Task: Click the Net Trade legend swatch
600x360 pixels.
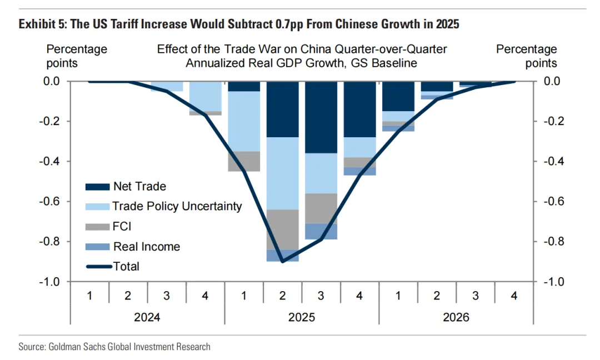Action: [97, 187]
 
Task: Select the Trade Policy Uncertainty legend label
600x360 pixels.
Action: [177, 206]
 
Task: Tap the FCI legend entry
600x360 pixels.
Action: [122, 227]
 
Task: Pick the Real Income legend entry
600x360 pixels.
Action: [147, 247]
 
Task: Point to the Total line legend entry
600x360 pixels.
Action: [126, 266]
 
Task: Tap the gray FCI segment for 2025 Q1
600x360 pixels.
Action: [244, 161]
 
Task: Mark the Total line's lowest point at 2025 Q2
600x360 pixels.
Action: [283, 262]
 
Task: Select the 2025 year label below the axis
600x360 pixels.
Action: [302, 317]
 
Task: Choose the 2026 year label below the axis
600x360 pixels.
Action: [456, 317]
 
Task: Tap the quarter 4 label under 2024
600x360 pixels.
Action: [205, 296]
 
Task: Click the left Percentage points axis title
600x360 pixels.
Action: [77, 56]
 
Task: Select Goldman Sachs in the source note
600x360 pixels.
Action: [72, 347]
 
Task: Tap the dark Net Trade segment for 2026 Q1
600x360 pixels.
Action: [398, 96]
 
